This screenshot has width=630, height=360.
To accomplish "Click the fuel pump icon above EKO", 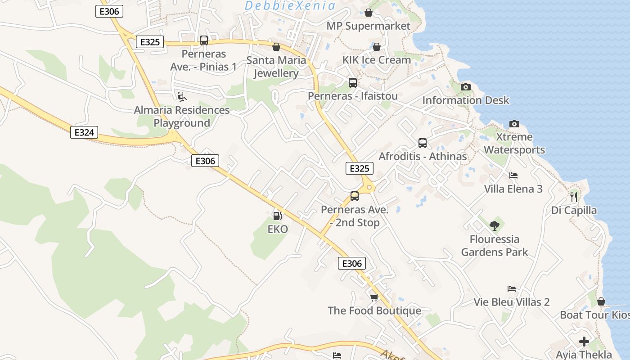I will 278,216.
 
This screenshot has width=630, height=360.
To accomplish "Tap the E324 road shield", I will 84,132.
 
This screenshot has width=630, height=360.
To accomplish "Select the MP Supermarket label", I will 369,26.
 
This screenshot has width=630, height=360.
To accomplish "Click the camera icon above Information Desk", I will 466,87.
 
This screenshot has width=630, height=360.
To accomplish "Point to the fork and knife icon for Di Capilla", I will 574,197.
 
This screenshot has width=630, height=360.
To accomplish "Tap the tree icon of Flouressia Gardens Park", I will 495,225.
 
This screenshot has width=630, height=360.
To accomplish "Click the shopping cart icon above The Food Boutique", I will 374,297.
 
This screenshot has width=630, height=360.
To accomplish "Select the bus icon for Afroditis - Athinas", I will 423,143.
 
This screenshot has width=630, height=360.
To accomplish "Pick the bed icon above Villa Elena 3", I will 513,175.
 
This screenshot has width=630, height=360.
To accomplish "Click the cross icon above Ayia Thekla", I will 584,342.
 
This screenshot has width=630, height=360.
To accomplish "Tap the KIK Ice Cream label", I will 377,60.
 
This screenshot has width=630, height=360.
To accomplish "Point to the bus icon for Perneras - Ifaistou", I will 353,83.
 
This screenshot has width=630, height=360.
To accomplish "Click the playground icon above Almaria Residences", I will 181,96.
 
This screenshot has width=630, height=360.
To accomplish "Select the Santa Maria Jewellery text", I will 276,67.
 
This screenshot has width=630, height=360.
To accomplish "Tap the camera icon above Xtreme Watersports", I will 514,124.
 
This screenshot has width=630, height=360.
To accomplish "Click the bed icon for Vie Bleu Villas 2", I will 512,288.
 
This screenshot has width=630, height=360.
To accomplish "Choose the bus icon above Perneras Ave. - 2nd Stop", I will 355,196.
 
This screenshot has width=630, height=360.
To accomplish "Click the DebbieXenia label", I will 290,6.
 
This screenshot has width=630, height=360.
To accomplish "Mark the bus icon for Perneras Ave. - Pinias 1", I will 204,40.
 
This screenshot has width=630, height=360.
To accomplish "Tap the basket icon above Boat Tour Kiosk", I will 601,301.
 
